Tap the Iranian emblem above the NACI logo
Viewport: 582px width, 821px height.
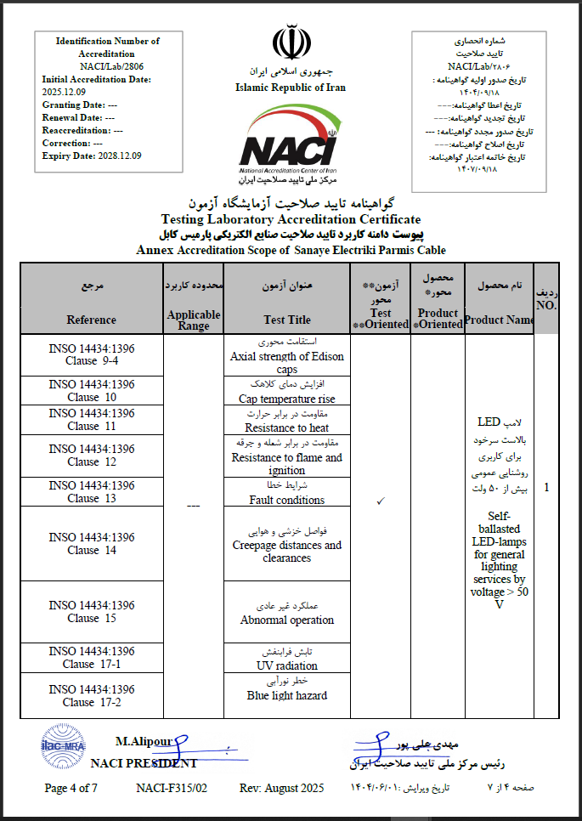290,42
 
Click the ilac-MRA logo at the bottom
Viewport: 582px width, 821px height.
63,745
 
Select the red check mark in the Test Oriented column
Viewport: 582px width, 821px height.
381,501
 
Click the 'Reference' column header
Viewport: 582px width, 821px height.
91,320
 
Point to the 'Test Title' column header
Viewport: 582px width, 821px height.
287,320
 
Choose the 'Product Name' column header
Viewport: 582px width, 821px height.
498,320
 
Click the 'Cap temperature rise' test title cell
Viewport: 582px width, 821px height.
287,399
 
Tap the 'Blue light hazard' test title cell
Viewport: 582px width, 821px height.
287,695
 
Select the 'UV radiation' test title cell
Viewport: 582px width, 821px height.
287,665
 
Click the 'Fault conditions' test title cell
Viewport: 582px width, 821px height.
287,500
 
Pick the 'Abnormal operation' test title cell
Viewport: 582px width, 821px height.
287,620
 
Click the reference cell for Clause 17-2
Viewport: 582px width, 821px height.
91,696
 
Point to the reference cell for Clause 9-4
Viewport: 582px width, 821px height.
91,355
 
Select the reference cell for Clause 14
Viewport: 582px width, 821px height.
91,544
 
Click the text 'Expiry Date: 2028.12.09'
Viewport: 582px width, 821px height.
92,156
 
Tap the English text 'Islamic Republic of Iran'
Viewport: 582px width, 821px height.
290,88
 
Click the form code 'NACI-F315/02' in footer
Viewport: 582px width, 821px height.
172,788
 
